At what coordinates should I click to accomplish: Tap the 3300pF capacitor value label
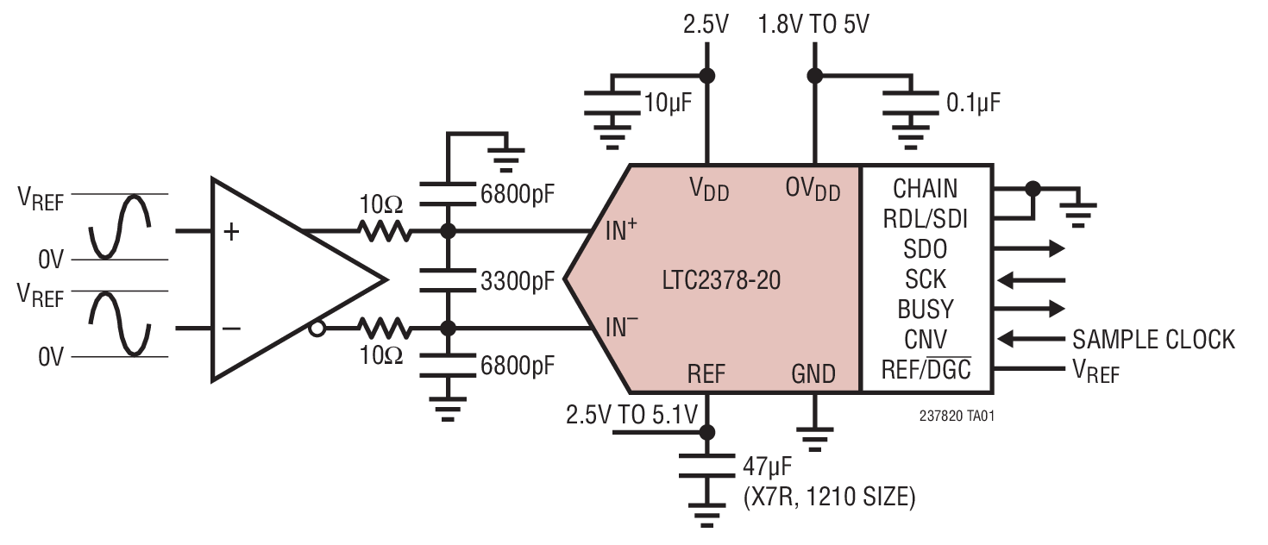click(516, 280)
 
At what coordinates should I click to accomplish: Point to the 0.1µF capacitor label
click(974, 103)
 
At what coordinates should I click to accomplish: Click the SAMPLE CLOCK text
click(1153, 339)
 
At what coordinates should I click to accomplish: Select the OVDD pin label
click(813, 188)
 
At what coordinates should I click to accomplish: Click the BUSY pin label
click(926, 309)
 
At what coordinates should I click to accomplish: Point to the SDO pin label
click(925, 249)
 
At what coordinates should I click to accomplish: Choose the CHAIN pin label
click(925, 188)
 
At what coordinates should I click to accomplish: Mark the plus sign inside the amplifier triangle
click(231, 232)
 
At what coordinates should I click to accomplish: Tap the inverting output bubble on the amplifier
click(317, 329)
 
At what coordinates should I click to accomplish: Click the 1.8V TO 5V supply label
click(813, 24)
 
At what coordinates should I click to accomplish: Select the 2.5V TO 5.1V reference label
click(631, 416)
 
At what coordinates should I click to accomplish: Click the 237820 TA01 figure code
click(957, 416)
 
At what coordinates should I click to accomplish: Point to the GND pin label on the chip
click(813, 373)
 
